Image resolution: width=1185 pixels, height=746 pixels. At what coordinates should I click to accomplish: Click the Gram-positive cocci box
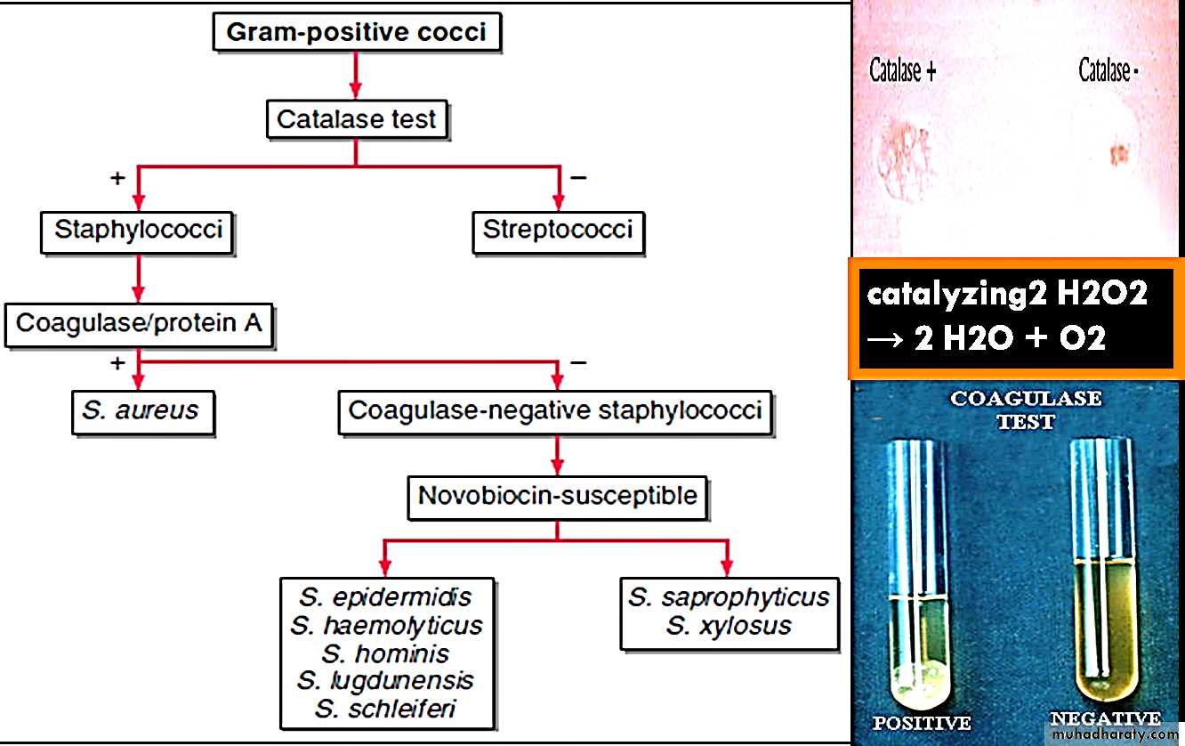(x=356, y=34)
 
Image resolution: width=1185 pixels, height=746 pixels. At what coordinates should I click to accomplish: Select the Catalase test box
(x=356, y=119)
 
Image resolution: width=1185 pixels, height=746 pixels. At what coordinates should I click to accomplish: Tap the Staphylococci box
(x=137, y=231)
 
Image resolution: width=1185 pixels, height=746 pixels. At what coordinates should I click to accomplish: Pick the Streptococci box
(x=558, y=231)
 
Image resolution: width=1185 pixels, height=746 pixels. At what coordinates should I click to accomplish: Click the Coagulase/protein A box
(x=139, y=323)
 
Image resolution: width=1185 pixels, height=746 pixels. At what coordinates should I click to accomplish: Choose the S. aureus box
(x=141, y=411)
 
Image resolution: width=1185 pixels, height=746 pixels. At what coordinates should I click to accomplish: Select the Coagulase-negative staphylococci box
(x=555, y=411)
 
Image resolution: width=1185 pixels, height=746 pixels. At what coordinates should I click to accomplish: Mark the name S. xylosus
(x=729, y=626)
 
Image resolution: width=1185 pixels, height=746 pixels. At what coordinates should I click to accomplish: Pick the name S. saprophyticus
(x=729, y=597)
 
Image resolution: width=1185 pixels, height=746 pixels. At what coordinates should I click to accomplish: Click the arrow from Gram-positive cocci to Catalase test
(x=356, y=75)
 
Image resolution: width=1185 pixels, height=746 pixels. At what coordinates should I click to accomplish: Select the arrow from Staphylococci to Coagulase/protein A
(x=137, y=279)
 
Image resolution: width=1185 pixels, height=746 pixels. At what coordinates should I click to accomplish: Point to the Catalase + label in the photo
(x=902, y=71)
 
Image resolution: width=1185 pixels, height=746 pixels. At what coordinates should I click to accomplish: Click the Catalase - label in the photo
(x=1108, y=70)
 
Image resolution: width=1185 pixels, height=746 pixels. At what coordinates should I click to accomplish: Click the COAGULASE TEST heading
(x=1026, y=409)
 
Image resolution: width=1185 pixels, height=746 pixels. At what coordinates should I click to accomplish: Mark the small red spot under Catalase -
(x=1118, y=154)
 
